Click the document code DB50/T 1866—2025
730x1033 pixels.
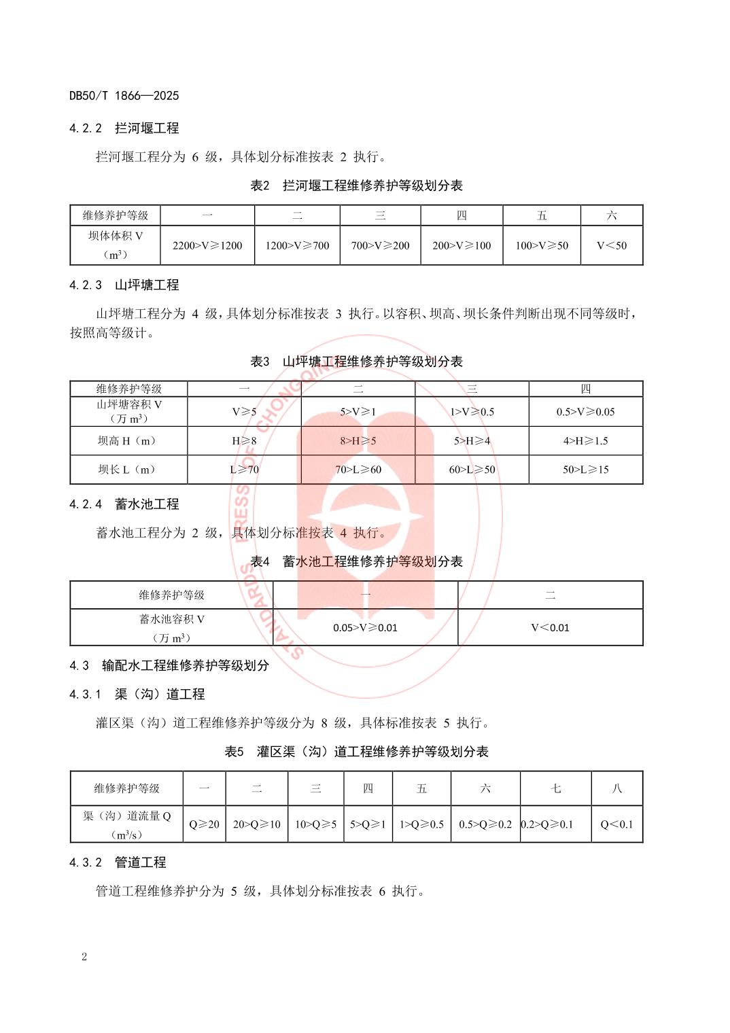(124, 96)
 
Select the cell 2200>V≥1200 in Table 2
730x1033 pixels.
(207, 245)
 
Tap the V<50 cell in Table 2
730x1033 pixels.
(612, 245)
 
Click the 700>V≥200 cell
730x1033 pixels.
(380, 245)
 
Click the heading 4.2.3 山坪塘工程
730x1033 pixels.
(124, 285)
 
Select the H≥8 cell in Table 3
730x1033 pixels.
(245, 440)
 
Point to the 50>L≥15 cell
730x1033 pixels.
(585, 469)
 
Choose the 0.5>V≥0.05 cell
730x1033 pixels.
(585, 412)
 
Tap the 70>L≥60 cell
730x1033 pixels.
(358, 469)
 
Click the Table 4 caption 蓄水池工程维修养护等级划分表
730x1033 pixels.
(357, 561)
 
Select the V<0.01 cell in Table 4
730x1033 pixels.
(550, 627)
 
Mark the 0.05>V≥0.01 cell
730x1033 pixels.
(365, 627)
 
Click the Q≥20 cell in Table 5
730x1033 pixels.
(204, 824)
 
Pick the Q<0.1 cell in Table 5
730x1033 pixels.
(616, 824)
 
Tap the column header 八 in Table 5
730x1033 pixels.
(616, 788)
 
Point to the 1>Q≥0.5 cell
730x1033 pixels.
(421, 824)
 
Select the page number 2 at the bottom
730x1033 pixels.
(84, 958)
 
